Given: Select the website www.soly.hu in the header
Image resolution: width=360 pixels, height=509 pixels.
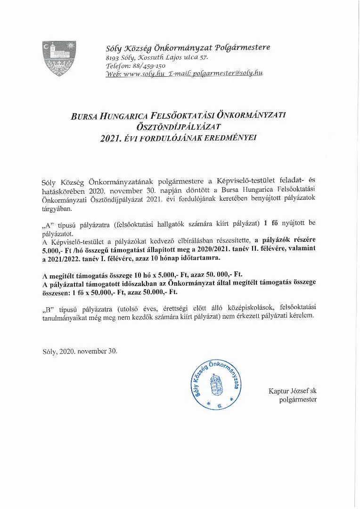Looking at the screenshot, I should (141, 74).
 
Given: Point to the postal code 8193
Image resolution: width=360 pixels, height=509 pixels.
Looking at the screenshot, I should (113, 57).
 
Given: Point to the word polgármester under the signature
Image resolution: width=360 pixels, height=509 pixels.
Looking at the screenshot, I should (298, 400).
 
